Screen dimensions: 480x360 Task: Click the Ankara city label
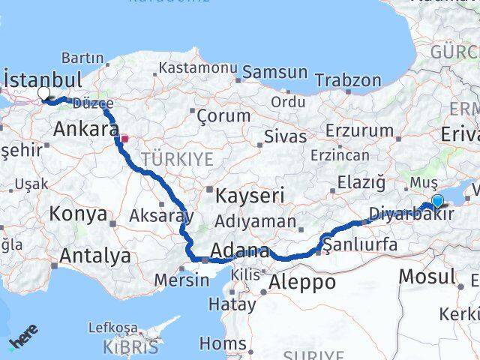tap(85, 129)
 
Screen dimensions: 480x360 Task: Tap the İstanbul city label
tap(43, 79)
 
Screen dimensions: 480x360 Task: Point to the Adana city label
tap(240, 250)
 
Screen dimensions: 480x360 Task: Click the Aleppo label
tap(299, 282)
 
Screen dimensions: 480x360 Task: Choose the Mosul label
tap(426, 276)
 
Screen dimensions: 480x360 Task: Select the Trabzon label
tap(348, 80)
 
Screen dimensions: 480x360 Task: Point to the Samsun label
tap(274, 73)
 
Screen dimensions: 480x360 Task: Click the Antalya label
tap(94, 256)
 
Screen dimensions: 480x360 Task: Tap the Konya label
tap(78, 214)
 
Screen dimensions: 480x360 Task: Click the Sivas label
tap(286, 136)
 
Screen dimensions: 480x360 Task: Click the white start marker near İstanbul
tap(43, 94)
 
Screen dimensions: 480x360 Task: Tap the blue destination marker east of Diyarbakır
tap(437, 200)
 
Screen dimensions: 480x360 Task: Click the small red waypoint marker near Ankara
tap(124, 138)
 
